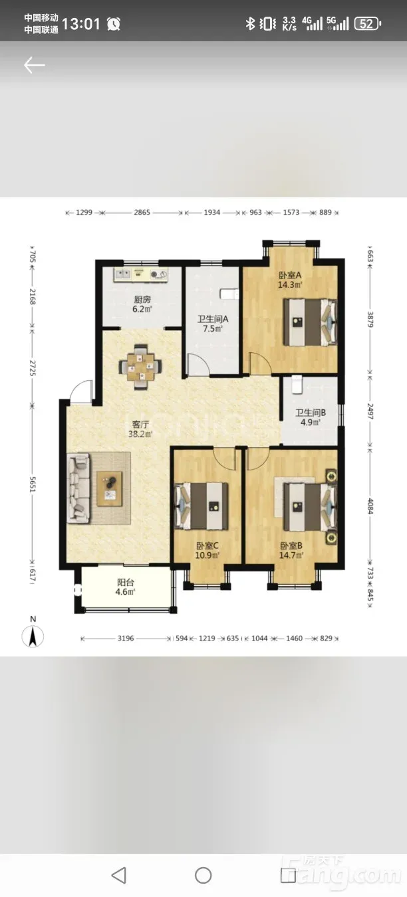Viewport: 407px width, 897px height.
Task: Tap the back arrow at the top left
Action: pyautogui.click(x=34, y=65)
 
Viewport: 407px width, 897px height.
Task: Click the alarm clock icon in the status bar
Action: pyautogui.click(x=114, y=24)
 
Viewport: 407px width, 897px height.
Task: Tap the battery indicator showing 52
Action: pyautogui.click(x=368, y=24)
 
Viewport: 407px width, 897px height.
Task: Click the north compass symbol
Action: pyautogui.click(x=33, y=637)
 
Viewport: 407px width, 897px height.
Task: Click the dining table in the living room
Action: pyautogui.click(x=140, y=366)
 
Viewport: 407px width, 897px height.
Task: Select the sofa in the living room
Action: pyautogui.click(x=78, y=488)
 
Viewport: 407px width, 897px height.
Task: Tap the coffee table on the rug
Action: pyautogui.click(x=110, y=488)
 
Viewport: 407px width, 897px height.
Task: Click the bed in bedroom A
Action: pyautogui.click(x=310, y=322)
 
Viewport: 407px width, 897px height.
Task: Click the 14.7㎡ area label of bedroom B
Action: pyautogui.click(x=291, y=555)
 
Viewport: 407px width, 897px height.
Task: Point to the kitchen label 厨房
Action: pyautogui.click(x=142, y=300)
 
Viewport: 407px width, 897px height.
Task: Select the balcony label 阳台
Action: pyautogui.click(x=126, y=583)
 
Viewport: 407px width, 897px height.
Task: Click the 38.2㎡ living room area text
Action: pyautogui.click(x=140, y=434)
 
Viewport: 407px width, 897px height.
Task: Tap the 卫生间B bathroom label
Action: pyautogui.click(x=311, y=413)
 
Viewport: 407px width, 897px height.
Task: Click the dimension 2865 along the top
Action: pyautogui.click(x=142, y=212)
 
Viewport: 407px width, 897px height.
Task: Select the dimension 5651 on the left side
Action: pyautogui.click(x=33, y=485)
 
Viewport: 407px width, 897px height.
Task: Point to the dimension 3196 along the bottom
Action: pyautogui.click(x=126, y=639)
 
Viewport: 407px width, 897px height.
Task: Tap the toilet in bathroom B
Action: pyautogui.click(x=297, y=385)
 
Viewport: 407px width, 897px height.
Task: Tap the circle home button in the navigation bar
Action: pyautogui.click(x=203, y=875)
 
